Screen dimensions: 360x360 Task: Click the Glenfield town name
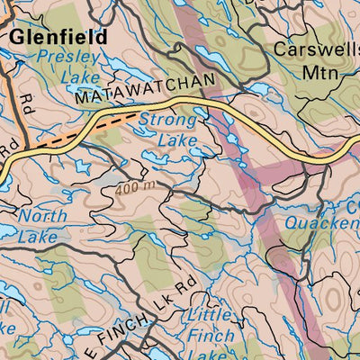[58, 37]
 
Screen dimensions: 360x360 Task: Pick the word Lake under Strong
[177, 139]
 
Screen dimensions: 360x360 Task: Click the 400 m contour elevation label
[136, 185]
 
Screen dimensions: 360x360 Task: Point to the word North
[42, 216]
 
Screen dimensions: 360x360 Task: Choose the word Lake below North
[39, 236]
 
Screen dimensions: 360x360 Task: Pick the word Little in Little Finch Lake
[209, 315]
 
